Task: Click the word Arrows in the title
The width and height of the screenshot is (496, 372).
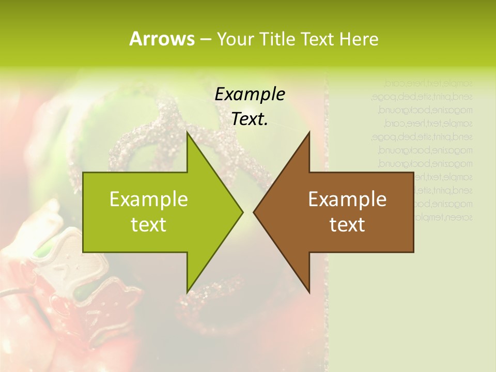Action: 162,39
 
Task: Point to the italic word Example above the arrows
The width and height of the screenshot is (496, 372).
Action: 250,95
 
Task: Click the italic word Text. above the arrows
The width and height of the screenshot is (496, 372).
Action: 250,119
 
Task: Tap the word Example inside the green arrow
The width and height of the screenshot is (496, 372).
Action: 149,199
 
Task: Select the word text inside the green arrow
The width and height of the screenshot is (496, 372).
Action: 149,225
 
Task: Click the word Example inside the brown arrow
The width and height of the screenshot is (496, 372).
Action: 347,199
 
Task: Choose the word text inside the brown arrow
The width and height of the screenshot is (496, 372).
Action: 347,225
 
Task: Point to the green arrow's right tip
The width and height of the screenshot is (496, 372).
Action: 242,212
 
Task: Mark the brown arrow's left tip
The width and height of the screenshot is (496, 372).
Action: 254,212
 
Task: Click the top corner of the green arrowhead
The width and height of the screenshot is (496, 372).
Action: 187,132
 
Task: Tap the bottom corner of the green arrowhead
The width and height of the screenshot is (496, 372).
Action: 187,292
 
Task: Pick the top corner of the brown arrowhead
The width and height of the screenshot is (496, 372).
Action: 309,132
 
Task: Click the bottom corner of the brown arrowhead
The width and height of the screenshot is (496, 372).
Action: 309,292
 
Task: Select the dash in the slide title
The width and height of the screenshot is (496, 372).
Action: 205,39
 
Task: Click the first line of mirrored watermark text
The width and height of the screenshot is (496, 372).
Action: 429,83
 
